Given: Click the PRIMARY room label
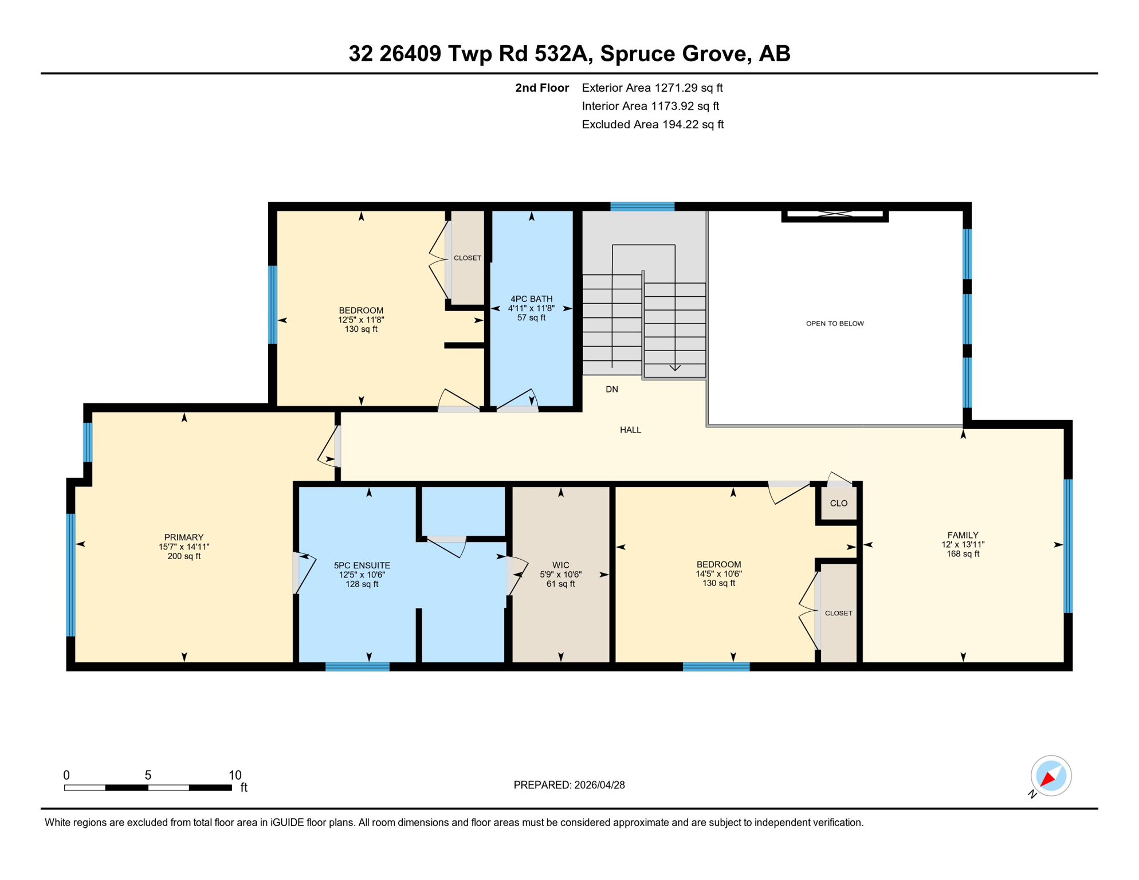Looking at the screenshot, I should tap(183, 537).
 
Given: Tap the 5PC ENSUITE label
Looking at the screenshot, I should tap(362, 565).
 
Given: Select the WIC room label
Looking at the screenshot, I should tap(560, 565).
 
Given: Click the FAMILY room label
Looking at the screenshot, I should tap(963, 535).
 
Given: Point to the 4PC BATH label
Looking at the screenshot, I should tap(531, 299).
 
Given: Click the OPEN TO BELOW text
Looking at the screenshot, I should tap(835, 324).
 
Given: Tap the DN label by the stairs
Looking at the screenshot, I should tap(611, 390).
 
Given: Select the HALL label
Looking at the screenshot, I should tap(630, 430).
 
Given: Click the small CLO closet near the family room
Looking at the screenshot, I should tap(838, 504).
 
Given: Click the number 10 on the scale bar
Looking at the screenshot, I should tap(235, 775).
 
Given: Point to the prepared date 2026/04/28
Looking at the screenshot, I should tap(599, 785).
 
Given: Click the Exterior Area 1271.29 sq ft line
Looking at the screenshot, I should tap(652, 88).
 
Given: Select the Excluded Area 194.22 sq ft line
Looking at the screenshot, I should tap(653, 124).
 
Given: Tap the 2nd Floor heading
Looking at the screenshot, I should tap(541, 88).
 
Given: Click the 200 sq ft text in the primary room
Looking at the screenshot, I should tap(183, 556).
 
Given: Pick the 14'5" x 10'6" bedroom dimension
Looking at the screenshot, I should tap(718, 574).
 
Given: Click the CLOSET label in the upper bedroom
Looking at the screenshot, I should tap(467, 258).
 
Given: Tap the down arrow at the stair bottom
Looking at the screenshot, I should tap(675, 367).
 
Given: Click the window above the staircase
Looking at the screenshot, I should tap(642, 207).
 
